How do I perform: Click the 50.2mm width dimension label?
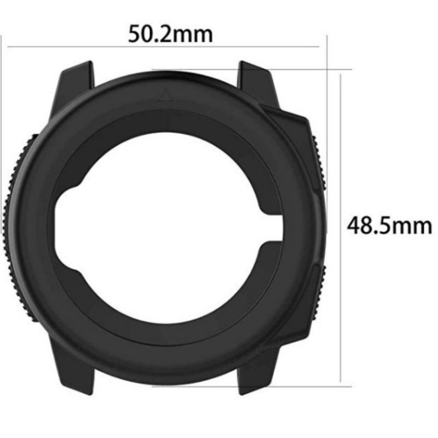click(170, 34)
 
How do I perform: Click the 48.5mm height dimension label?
click(389, 226)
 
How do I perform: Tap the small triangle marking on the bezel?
click(165, 94)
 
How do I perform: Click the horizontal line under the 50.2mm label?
click(163, 47)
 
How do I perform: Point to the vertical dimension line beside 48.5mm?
click(341, 228)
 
